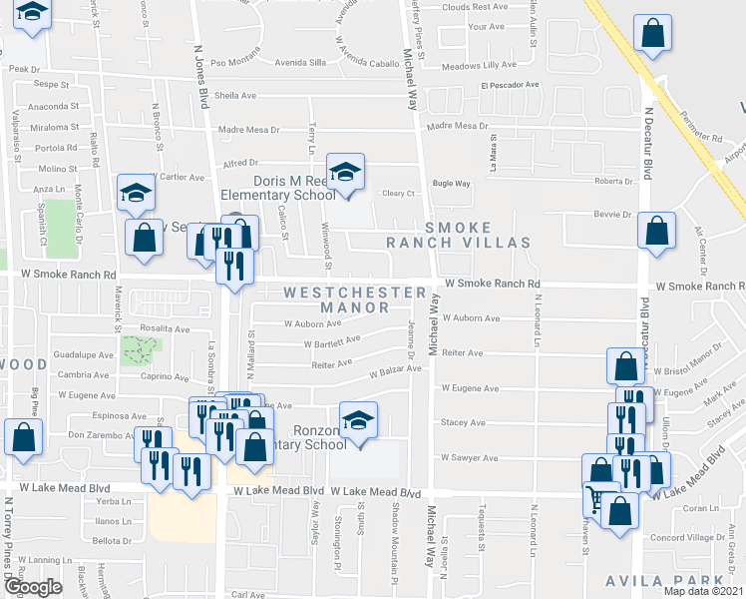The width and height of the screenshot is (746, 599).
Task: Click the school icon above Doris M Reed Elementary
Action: click(345, 172)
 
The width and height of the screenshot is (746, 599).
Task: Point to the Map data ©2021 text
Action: click(703, 591)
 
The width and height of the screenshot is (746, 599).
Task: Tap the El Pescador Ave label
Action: click(510, 86)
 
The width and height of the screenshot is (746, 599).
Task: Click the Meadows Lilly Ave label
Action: click(479, 65)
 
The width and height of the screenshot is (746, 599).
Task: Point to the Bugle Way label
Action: click(451, 184)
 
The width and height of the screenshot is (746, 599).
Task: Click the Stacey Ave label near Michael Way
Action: click(463, 422)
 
